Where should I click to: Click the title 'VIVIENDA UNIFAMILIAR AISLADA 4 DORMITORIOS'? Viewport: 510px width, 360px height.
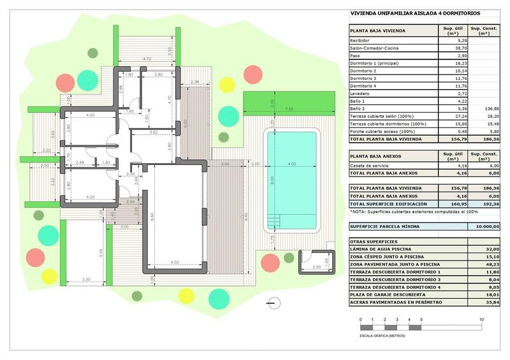[x=415, y=13]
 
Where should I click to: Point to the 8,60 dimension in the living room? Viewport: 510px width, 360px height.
[x=152, y=217]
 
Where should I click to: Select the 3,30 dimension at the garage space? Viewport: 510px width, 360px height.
[x=87, y=279]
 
